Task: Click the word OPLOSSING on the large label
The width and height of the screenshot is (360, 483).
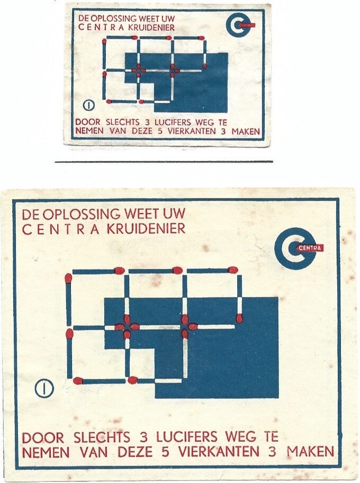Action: pyautogui.click(x=80, y=215)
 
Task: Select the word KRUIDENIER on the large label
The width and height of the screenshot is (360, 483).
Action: pyautogui.click(x=154, y=229)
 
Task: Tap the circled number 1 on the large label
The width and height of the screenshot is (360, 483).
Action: pyautogui.click(x=44, y=389)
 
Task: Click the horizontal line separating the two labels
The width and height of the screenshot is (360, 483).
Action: pyautogui.click(x=164, y=161)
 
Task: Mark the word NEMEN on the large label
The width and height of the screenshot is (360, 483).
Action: pyautogui.click(x=46, y=452)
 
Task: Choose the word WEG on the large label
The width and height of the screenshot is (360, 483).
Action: pyautogui.click(x=238, y=438)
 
